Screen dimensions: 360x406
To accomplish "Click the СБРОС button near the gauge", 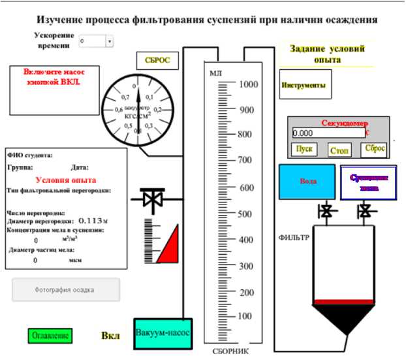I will (153, 61).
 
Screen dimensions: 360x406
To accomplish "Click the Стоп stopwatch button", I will (340, 150).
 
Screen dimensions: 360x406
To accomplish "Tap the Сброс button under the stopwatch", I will (375, 148).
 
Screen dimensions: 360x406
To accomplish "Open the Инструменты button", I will (302, 85).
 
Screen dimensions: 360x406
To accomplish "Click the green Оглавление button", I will (50, 336).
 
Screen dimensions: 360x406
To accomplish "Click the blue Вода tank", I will (307, 181).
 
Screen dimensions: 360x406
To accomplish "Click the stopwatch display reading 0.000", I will (328, 133).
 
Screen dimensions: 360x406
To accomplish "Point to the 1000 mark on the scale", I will (249, 84).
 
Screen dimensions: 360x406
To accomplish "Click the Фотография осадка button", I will (66, 289).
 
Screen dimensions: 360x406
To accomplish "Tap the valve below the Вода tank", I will (324, 211).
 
